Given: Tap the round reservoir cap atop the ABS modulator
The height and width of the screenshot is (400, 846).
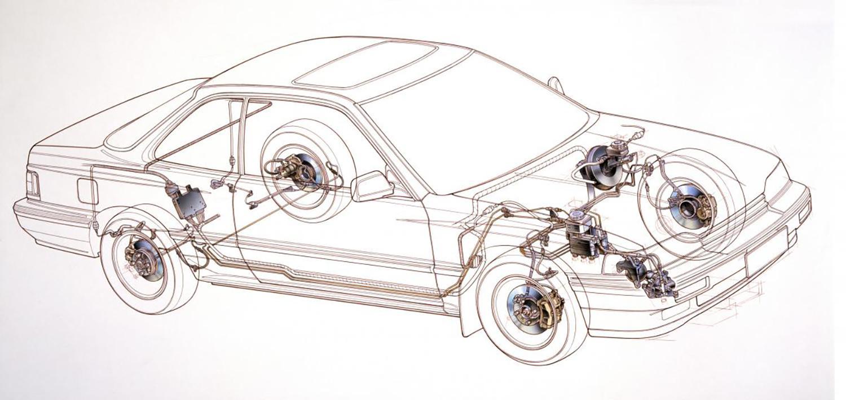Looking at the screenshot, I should (578, 216).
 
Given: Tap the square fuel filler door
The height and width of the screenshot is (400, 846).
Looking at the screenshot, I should (87, 191).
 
